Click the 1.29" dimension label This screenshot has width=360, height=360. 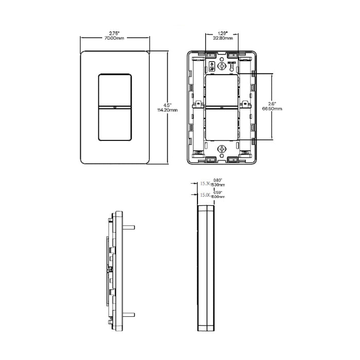coord(222,33)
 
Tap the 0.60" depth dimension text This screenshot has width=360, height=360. coord(218,180)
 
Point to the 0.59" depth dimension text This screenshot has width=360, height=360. coord(218,192)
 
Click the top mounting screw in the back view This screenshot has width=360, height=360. coord(222,66)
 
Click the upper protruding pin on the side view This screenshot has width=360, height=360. coord(131,226)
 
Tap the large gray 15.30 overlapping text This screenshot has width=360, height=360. coord(205,184)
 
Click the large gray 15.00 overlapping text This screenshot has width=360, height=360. coord(205,195)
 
